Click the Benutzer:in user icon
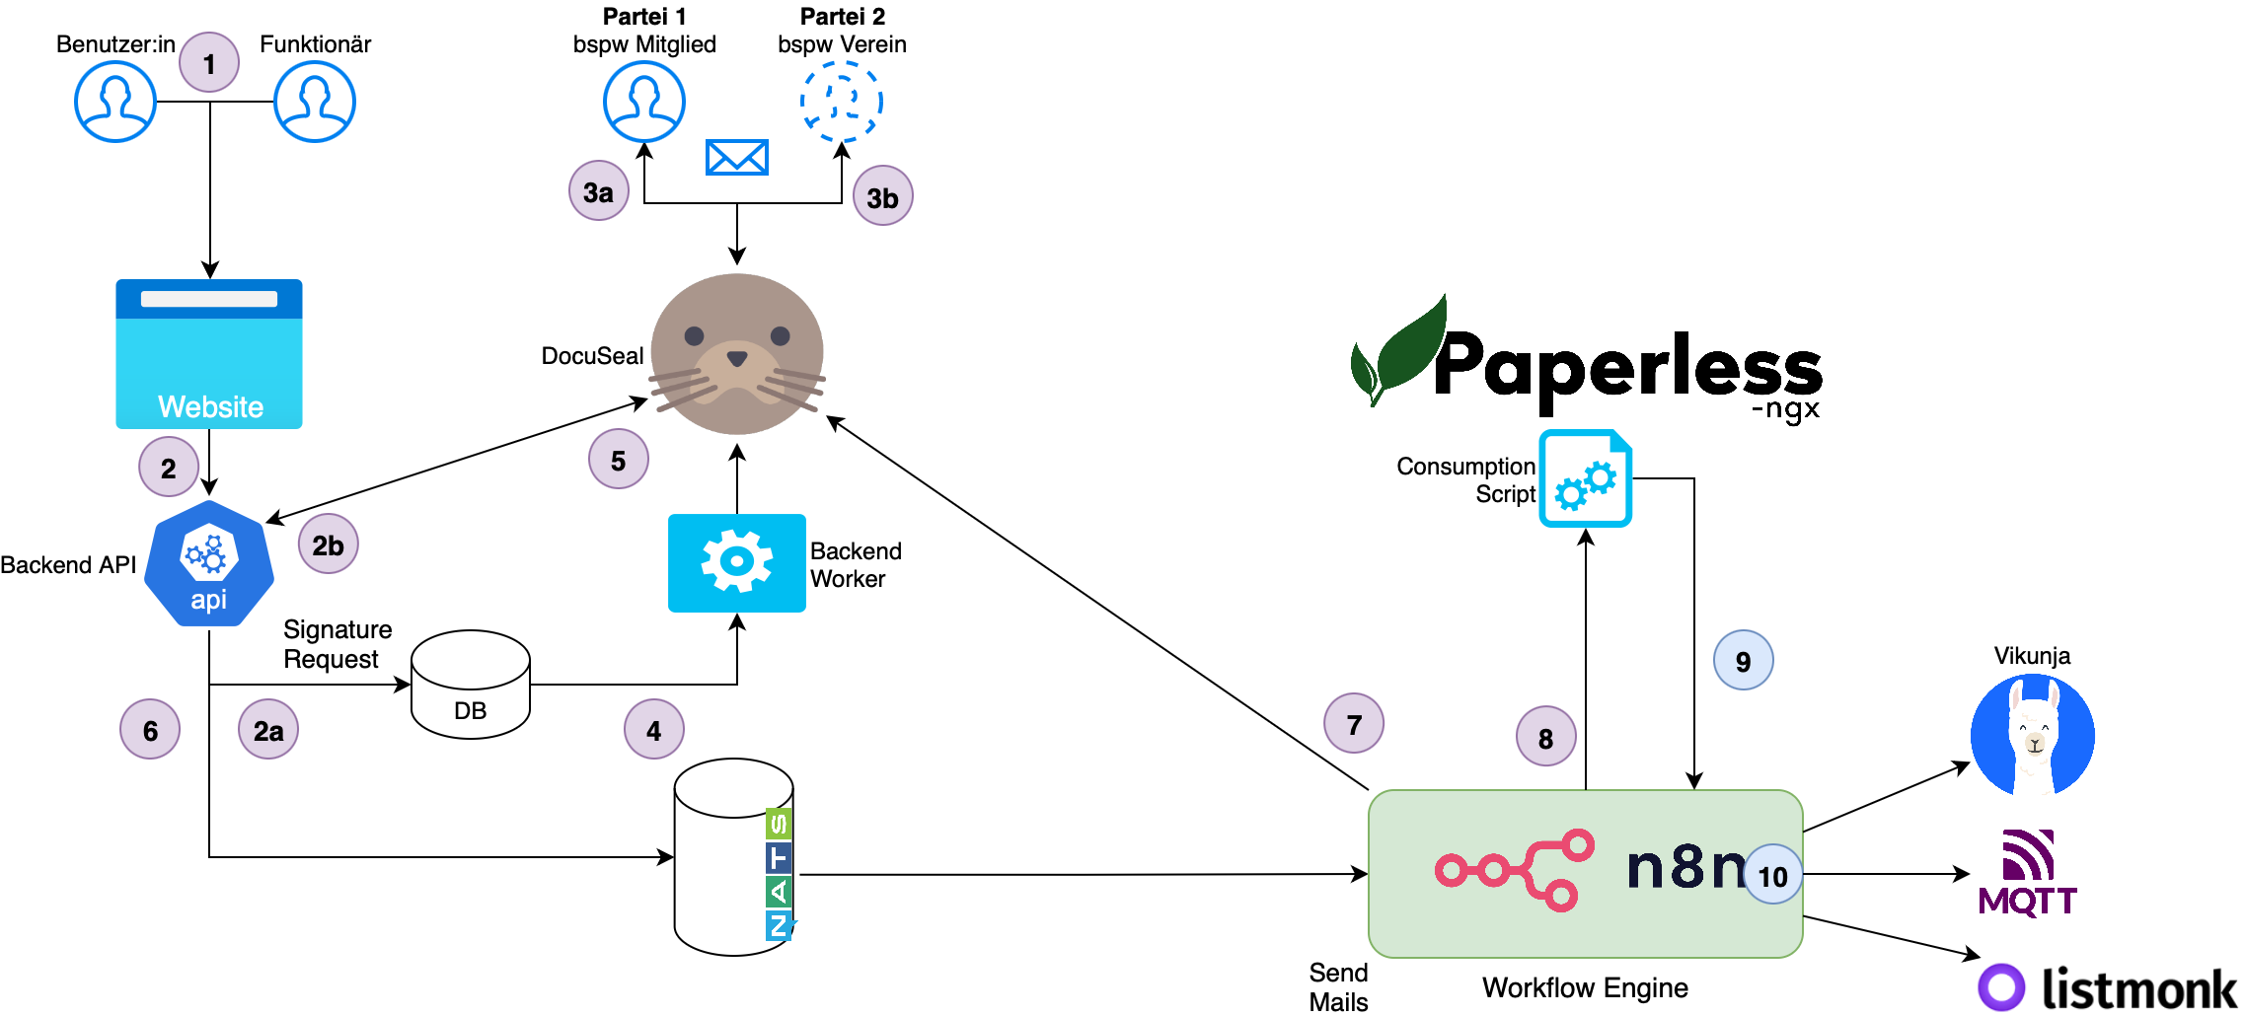(x=115, y=102)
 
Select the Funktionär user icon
(x=315, y=102)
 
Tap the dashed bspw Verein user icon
(x=841, y=102)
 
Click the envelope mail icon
(x=737, y=157)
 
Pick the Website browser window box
(x=209, y=354)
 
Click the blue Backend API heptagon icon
(x=209, y=563)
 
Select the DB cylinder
(x=471, y=685)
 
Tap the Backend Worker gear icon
(x=737, y=562)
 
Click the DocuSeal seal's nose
(x=737, y=357)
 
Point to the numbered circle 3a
(x=599, y=191)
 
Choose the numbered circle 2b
(x=328, y=544)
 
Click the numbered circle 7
(x=1354, y=724)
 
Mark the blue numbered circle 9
(x=1743, y=661)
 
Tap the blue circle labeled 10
(x=1772, y=876)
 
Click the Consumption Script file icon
(x=1585, y=478)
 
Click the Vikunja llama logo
(x=2033, y=735)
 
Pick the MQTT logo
(x=2028, y=874)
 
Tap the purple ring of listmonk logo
(x=2001, y=987)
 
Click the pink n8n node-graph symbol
(x=1515, y=869)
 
